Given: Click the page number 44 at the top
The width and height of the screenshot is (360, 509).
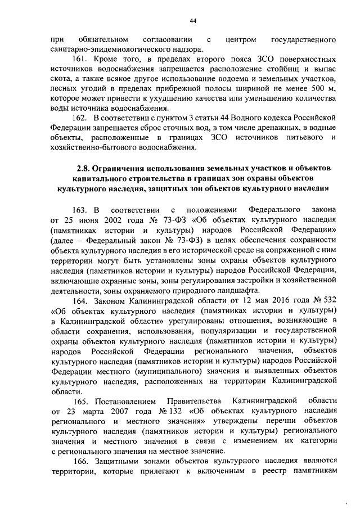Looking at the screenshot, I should (192, 21).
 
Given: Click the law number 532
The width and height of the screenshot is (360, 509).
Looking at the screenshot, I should (330, 301).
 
